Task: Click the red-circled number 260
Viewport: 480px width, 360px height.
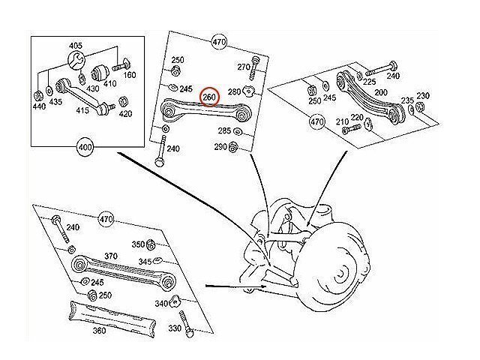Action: pyautogui.click(x=209, y=97)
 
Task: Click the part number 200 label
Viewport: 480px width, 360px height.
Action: pyautogui.click(x=382, y=91)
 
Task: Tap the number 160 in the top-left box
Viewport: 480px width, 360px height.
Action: pyautogui.click(x=130, y=75)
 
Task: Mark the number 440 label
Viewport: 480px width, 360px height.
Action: pyautogui.click(x=39, y=108)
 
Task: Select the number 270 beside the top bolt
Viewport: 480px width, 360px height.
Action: pyautogui.click(x=243, y=67)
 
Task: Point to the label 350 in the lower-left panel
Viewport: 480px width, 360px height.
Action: pyautogui.click(x=138, y=244)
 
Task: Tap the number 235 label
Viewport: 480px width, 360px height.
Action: pyautogui.click(x=407, y=100)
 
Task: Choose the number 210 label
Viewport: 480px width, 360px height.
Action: pyautogui.click(x=341, y=121)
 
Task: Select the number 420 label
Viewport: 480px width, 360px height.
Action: pyautogui.click(x=125, y=114)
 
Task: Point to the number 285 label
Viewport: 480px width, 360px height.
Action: pyautogui.click(x=224, y=131)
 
